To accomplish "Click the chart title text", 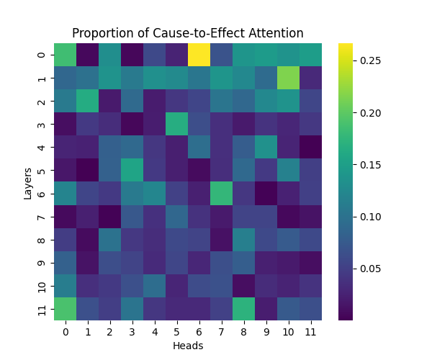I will (x=187, y=33).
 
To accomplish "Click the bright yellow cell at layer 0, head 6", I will (x=199, y=55).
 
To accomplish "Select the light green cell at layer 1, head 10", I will (x=289, y=78).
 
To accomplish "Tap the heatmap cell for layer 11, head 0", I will (x=66, y=308).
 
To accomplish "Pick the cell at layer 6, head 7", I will (x=222, y=193).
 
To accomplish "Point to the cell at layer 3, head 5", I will (x=177, y=124).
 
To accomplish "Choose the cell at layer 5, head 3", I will (x=132, y=170).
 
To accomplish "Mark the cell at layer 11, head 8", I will (x=244, y=308).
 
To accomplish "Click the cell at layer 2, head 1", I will (x=88, y=101).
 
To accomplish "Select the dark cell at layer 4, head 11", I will (x=311, y=147).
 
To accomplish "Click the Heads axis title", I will (x=188, y=346).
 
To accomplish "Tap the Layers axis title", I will (x=27, y=181).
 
